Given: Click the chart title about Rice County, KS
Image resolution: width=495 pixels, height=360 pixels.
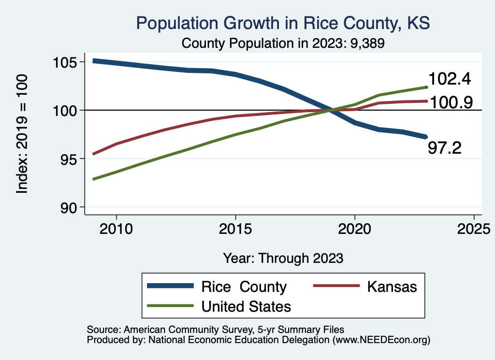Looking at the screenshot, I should click(x=283, y=23).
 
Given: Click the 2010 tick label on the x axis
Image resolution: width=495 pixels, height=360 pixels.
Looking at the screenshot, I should click(x=116, y=228).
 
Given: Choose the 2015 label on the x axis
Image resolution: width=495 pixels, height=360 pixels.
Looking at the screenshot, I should click(x=235, y=228).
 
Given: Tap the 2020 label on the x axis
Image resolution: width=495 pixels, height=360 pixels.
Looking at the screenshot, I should click(x=355, y=228).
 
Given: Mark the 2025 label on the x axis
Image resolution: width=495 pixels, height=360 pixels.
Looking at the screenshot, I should click(x=474, y=228).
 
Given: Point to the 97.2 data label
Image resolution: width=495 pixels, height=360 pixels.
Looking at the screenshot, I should click(x=445, y=148).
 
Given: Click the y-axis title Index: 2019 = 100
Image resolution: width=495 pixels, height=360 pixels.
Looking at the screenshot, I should click(x=22, y=134).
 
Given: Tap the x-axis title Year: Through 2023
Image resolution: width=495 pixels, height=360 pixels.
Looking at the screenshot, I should click(x=283, y=258).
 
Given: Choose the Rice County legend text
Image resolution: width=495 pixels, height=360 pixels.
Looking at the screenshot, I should click(x=244, y=287).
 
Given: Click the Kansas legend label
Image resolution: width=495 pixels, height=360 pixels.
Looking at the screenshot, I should click(x=392, y=287).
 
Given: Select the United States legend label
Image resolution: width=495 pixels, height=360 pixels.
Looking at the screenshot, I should click(x=246, y=306).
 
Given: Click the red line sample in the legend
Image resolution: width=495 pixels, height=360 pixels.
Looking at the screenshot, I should click(x=336, y=287).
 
